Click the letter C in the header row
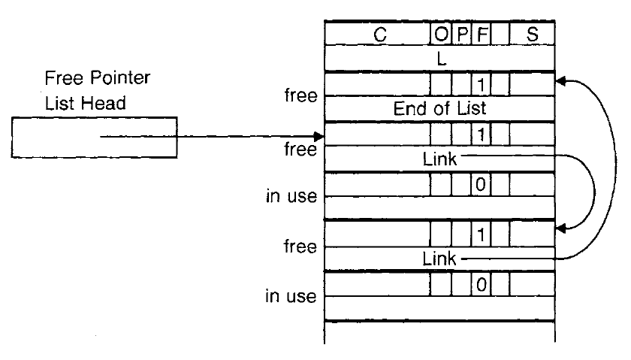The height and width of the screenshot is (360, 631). click(379, 34)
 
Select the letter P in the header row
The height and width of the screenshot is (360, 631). click(461, 34)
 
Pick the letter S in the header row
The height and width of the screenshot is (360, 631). click(532, 34)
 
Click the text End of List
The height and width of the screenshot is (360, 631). click(440, 108)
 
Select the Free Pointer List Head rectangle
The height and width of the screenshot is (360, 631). click(95, 137)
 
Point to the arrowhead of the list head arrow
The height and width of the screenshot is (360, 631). click(319, 137)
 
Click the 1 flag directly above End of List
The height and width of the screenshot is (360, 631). click(480, 83)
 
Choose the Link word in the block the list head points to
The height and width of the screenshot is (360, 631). click(440, 159)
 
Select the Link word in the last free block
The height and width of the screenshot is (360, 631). click(440, 259)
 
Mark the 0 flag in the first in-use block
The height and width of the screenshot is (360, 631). click(480, 184)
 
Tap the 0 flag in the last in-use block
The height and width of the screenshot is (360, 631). click(480, 284)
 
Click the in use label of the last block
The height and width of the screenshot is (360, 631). click(291, 296)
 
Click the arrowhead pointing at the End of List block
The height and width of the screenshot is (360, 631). click(559, 79)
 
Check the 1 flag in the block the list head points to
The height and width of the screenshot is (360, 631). click(480, 134)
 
